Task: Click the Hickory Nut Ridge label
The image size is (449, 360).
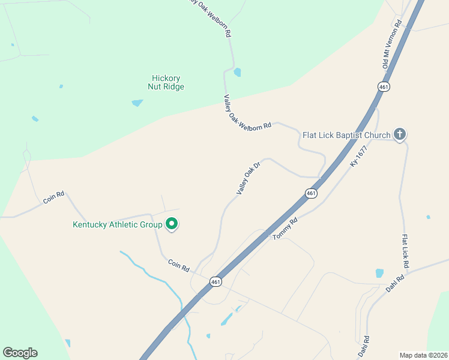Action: (166, 82)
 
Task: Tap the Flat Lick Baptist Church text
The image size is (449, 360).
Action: (347, 135)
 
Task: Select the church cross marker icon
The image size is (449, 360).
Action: (400, 134)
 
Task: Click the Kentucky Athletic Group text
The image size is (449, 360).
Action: (117, 225)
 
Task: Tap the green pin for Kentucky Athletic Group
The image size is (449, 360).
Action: (172, 224)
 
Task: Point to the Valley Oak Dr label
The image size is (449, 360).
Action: (249, 178)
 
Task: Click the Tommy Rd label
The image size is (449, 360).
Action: (285, 229)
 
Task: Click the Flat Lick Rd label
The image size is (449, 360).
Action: (406, 251)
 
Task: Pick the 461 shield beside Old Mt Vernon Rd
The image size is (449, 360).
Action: (384, 87)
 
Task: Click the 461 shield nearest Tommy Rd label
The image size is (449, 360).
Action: (310, 193)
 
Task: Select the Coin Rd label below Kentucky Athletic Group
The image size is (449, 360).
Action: (178, 264)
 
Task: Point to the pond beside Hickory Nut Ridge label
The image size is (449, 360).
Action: (137, 103)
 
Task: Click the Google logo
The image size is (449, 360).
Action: (20, 353)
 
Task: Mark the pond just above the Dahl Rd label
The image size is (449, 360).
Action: (379, 273)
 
